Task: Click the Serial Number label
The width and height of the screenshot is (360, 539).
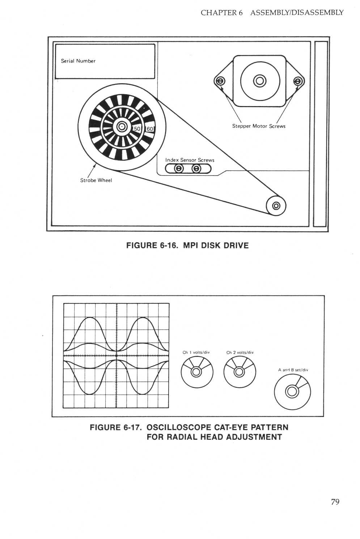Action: [x=78, y=61]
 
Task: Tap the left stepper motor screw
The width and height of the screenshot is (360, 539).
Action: [x=220, y=81]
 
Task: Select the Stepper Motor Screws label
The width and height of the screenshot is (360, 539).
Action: [x=259, y=126]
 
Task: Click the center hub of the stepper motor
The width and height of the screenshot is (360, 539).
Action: [x=260, y=81]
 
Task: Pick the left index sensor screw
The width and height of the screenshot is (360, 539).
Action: [x=179, y=168]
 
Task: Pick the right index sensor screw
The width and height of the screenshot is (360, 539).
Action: [x=196, y=168]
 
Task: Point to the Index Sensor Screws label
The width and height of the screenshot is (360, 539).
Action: [x=190, y=160]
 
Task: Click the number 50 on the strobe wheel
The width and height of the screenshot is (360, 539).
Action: [x=137, y=129]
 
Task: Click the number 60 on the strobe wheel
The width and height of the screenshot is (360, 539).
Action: [x=149, y=129]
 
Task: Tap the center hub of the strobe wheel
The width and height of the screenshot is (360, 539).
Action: [x=121, y=127]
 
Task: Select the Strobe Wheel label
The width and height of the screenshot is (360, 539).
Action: [x=96, y=180]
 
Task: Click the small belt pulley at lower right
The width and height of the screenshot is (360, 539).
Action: [x=276, y=206]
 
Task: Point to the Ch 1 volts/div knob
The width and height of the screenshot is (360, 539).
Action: [x=196, y=372]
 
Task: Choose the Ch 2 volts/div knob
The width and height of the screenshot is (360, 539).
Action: [x=239, y=372]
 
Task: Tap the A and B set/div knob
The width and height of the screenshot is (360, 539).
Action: [x=292, y=391]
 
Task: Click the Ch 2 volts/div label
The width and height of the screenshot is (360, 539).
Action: [x=240, y=353]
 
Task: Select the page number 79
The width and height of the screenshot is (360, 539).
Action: [x=335, y=502]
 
